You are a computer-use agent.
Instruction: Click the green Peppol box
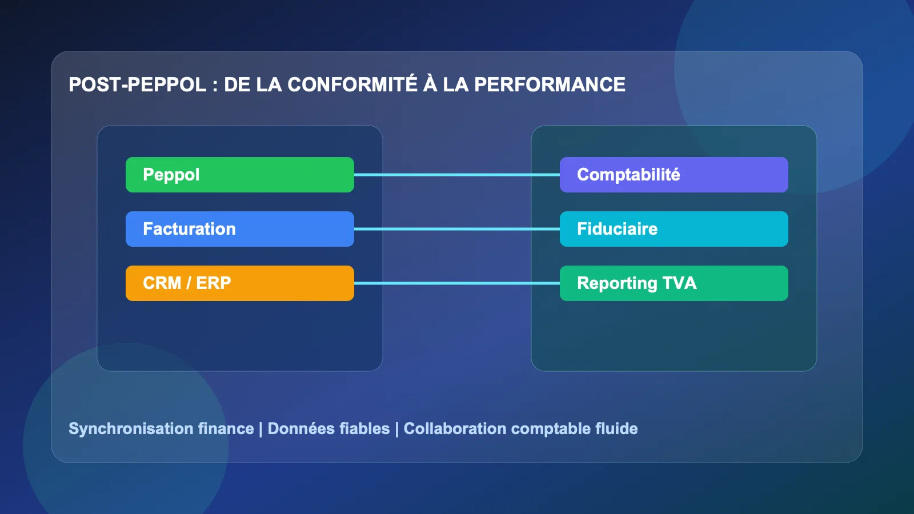(240, 175)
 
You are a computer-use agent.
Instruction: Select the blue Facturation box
(240, 229)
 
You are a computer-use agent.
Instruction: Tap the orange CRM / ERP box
(240, 283)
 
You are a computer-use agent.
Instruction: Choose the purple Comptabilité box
(674, 175)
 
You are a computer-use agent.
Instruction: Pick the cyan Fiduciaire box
(674, 229)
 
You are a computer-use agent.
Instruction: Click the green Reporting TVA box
(674, 283)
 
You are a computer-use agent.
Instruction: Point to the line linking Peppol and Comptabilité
(457, 175)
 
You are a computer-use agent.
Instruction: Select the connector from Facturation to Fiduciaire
(457, 229)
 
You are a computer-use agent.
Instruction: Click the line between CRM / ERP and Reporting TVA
(457, 283)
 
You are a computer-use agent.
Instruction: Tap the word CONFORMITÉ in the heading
(352, 85)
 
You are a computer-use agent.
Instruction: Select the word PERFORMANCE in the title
(550, 85)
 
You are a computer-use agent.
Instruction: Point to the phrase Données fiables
(328, 428)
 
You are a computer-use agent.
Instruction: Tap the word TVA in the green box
(679, 283)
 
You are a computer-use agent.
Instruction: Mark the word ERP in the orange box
(214, 283)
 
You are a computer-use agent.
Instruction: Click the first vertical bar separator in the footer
(261, 429)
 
